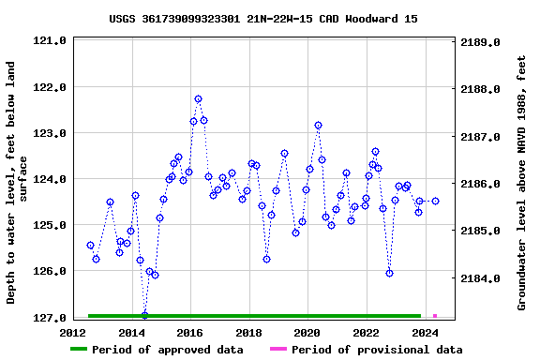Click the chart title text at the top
(263, 18)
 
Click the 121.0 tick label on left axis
(49, 41)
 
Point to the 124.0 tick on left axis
(49, 179)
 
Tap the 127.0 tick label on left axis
(49, 318)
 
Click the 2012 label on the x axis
(72, 333)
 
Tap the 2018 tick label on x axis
(248, 333)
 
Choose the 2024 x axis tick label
(425, 333)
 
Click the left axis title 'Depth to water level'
(18, 183)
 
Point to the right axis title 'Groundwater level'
(522, 183)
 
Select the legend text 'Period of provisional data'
(377, 350)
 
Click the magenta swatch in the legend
(278, 350)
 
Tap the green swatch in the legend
(79, 350)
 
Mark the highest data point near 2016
(198, 98)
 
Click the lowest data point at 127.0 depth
(144, 315)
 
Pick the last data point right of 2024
(435, 201)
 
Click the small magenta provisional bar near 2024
(434, 316)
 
